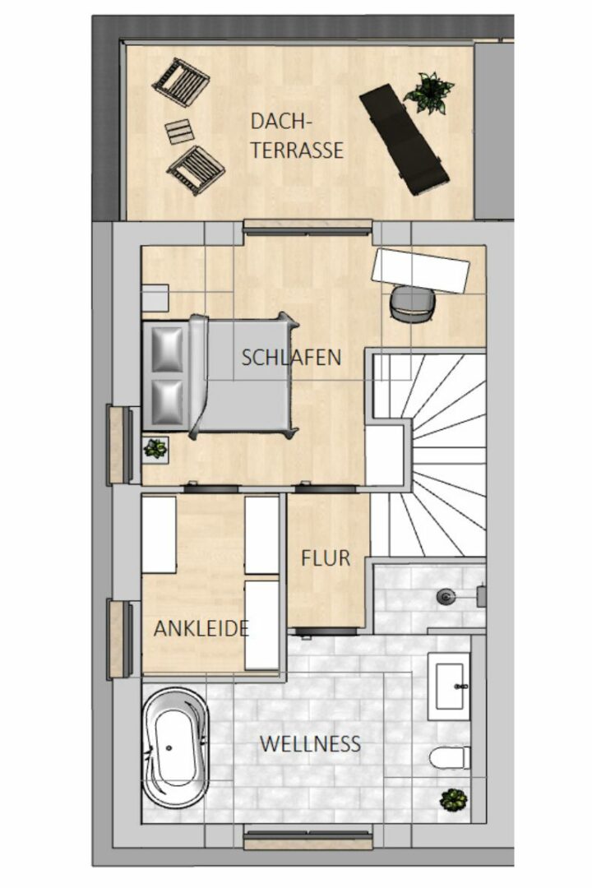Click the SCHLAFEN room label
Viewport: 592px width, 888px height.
[x=291, y=358]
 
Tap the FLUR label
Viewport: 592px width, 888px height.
[x=325, y=558]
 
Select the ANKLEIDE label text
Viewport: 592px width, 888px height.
[x=201, y=629]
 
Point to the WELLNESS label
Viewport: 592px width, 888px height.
[x=311, y=743]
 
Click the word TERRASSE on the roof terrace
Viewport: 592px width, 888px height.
[x=297, y=150]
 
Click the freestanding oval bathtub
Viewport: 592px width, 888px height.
[x=175, y=747]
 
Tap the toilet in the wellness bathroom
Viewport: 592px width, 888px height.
[x=450, y=758]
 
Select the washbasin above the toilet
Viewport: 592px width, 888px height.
[x=449, y=687]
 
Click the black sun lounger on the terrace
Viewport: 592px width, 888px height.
[x=405, y=139]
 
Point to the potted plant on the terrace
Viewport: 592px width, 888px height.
[x=429, y=92]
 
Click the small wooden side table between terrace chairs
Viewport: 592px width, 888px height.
[x=180, y=132]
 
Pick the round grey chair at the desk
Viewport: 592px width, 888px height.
[x=413, y=304]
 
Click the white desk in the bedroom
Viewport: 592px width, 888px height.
[x=420, y=271]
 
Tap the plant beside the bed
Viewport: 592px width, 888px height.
[x=155, y=450]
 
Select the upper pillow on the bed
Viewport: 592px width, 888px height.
[x=169, y=349]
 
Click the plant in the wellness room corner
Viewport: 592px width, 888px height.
[x=455, y=800]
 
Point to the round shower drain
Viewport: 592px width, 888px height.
[x=446, y=596]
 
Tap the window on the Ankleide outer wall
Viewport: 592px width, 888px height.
[x=120, y=639]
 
